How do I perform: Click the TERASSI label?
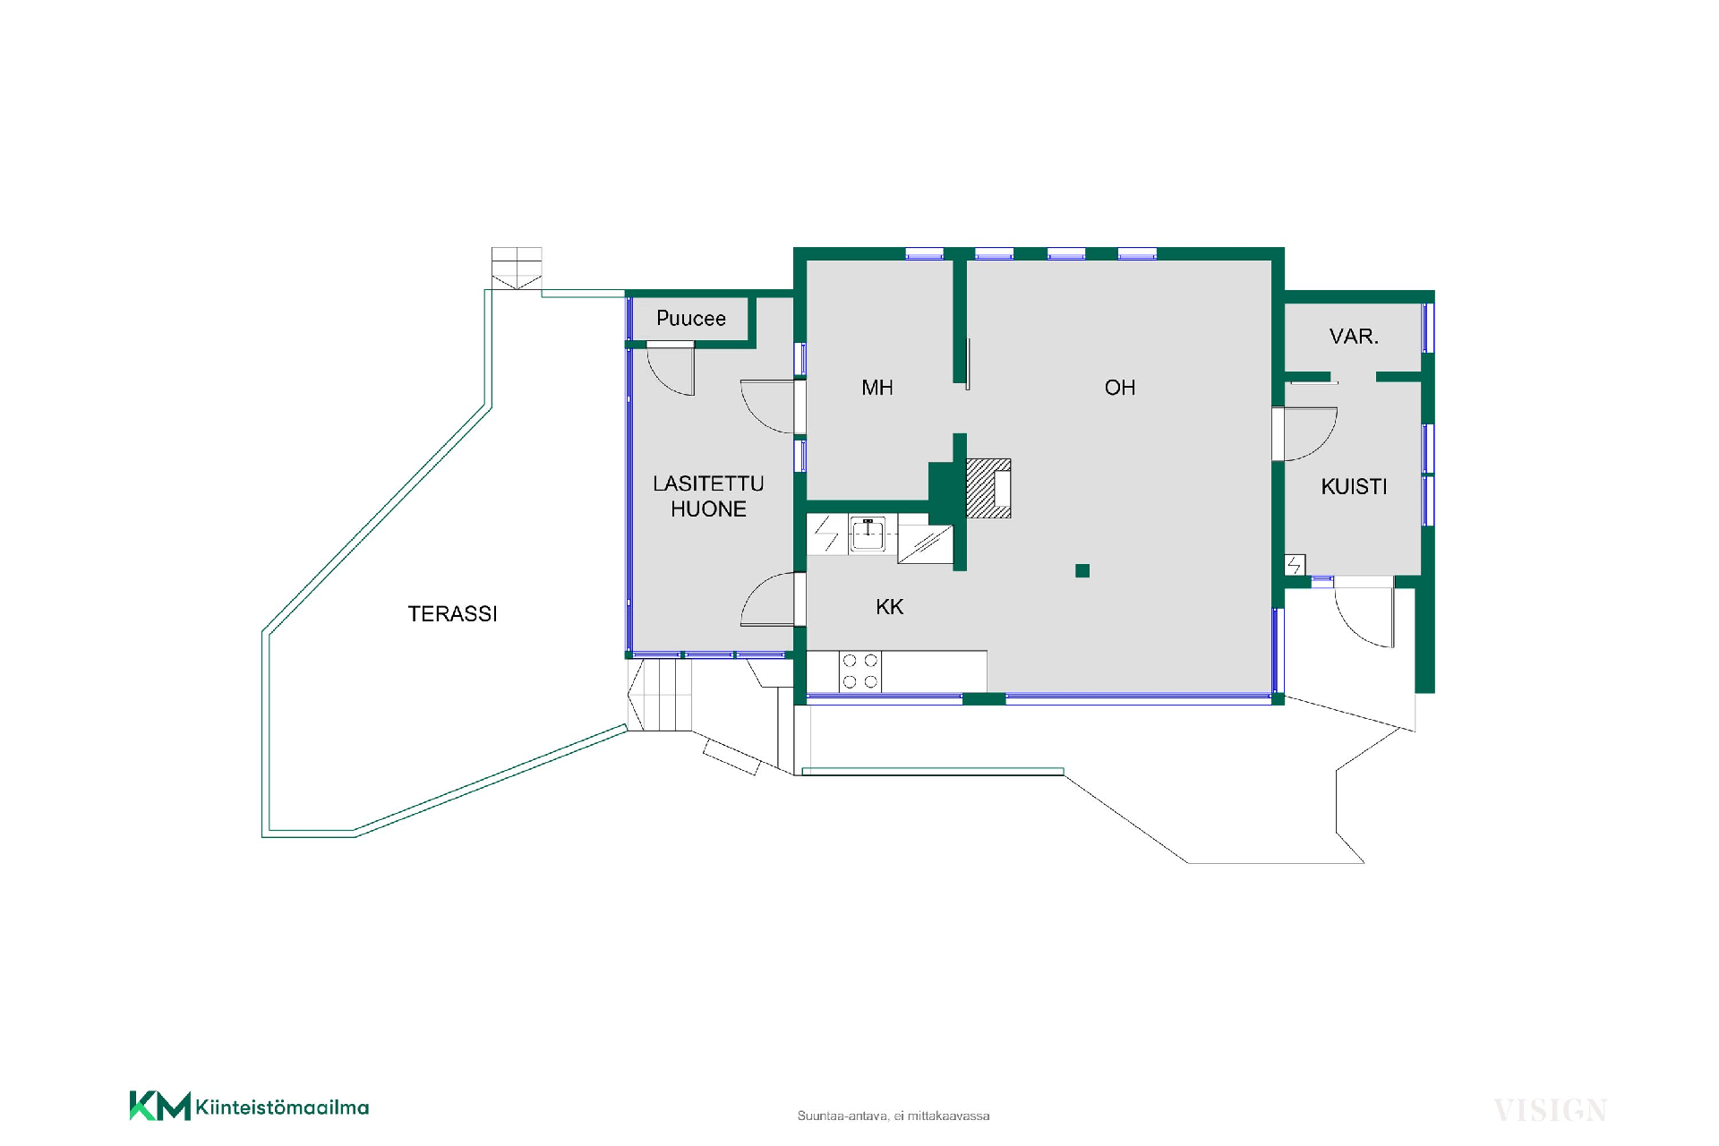[452, 614]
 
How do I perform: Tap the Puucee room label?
[690, 319]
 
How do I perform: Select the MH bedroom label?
[877, 388]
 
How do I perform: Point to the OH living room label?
[1120, 388]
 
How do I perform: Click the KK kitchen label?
[889, 607]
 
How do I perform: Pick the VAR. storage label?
[1354, 337]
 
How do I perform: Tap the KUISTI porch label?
[1354, 487]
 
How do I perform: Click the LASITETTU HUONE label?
[708, 496]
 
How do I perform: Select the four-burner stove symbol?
[859, 671]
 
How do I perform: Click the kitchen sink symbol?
[868, 535]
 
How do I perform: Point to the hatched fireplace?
[988, 489]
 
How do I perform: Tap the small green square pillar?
[1082, 570]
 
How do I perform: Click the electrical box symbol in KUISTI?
[1295, 565]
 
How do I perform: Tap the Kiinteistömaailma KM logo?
[249, 1106]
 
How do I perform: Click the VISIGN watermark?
[1550, 1111]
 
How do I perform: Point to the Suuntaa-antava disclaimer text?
[894, 1116]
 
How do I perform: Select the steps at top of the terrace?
[517, 269]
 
